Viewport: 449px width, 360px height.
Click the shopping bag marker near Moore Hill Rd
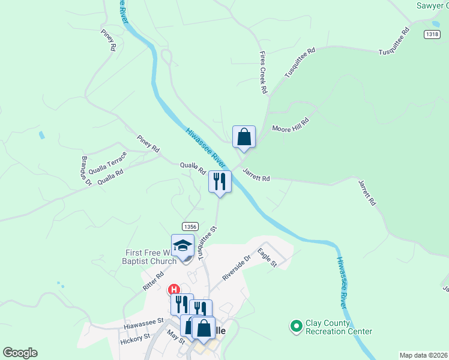pyautogui.click(x=244, y=137)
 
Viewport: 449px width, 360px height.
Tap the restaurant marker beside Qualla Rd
pyautogui.click(x=220, y=181)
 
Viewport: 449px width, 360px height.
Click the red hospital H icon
pyautogui.click(x=173, y=289)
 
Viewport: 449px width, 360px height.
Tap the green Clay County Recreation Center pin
pyautogui.click(x=296, y=326)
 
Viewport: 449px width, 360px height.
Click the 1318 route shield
pyautogui.click(x=431, y=34)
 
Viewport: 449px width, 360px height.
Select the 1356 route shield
pyautogui.click(x=191, y=226)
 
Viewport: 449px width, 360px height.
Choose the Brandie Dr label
pyautogui.click(x=85, y=170)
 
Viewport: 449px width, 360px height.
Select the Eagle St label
pyautogui.click(x=267, y=258)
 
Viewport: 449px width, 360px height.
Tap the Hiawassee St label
pyautogui.click(x=144, y=324)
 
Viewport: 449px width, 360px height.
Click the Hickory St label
pyautogui.click(x=134, y=338)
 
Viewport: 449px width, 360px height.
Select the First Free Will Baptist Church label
pyautogui.click(x=150, y=257)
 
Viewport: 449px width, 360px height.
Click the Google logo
pyautogui.click(x=20, y=353)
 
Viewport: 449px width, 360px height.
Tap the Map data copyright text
pyautogui.click(x=423, y=355)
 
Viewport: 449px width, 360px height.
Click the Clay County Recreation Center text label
pyautogui.click(x=339, y=326)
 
